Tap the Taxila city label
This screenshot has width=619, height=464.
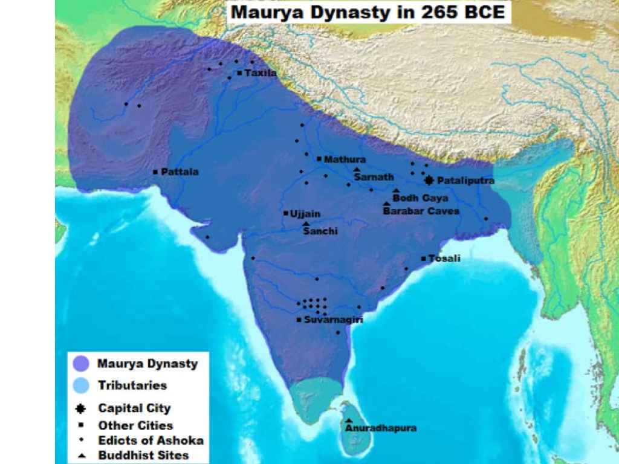coord(261,73)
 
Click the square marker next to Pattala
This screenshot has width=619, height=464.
coord(155,172)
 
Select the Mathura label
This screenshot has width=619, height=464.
coord(345,159)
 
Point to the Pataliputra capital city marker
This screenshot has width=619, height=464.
coord(429,180)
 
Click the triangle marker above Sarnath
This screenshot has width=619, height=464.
coord(357,170)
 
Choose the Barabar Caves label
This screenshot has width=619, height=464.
coord(421,211)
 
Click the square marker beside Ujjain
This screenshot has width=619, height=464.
coord(285,213)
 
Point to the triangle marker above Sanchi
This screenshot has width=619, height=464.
coord(306,224)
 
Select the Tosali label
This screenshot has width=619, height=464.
coord(444,259)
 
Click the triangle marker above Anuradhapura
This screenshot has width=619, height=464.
coord(349,420)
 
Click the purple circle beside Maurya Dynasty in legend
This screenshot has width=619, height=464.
coord(80,364)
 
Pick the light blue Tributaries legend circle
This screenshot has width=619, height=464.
coord(80,385)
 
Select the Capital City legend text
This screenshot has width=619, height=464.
coord(134,409)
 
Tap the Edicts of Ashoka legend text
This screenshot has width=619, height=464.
coord(151,440)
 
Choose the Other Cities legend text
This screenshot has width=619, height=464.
coord(135,425)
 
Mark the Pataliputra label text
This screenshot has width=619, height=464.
coord(465,181)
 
